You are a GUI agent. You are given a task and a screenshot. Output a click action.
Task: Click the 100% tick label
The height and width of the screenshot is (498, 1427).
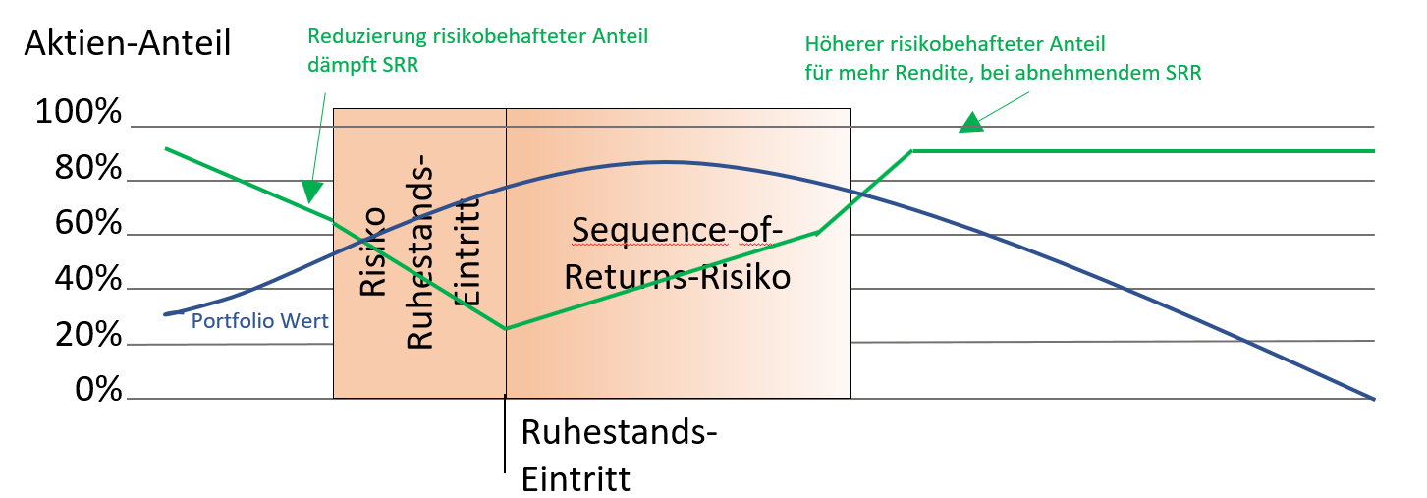[x=79, y=113]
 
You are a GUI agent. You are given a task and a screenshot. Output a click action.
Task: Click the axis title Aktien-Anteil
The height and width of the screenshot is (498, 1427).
[x=128, y=43]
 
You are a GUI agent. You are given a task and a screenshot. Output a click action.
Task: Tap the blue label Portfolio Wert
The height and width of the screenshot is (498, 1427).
[x=259, y=321]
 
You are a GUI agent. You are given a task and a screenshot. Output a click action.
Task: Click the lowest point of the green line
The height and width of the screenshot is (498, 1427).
[x=506, y=328]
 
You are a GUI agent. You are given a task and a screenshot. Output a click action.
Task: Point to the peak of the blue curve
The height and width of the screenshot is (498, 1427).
[x=666, y=162]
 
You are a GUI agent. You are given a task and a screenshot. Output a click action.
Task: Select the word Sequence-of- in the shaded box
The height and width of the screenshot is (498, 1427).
[x=677, y=229]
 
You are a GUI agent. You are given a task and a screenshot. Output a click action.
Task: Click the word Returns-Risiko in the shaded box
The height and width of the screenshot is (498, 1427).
[x=677, y=278]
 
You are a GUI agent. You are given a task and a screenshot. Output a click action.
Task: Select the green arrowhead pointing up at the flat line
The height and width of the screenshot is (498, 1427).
[x=970, y=123]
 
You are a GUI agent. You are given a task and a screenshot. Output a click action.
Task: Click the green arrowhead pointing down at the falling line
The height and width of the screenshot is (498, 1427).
[x=311, y=191]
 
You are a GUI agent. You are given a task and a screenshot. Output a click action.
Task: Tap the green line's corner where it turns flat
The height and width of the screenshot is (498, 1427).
[x=912, y=151]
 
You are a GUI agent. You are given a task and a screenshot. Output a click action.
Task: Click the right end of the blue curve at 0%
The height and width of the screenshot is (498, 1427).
[x=1372, y=398]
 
